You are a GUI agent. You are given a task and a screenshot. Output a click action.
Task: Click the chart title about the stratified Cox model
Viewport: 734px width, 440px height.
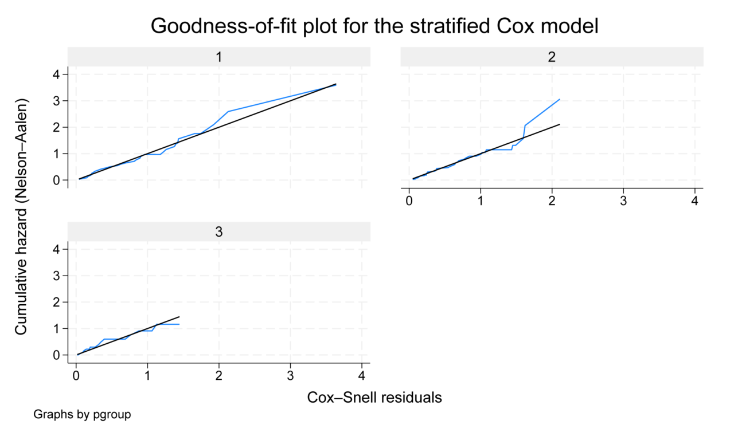[x=374, y=26]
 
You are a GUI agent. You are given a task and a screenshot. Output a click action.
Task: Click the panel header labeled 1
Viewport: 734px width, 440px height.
[x=219, y=57]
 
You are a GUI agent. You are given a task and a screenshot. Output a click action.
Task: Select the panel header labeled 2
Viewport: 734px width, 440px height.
[x=552, y=57]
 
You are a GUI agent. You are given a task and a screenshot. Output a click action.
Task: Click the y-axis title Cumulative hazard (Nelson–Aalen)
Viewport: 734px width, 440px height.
[x=21, y=217]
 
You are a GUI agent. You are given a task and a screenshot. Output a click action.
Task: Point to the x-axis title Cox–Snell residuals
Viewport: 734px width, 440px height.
[x=374, y=398]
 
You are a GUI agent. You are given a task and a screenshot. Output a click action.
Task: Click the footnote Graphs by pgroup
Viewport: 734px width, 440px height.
[x=82, y=414]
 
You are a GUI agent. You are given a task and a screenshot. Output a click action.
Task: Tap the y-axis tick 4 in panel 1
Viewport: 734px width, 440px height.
[x=56, y=74]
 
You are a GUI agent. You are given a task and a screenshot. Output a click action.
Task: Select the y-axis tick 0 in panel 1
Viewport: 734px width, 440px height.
[x=56, y=180]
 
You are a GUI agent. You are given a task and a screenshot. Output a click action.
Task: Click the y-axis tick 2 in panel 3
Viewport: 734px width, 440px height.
[x=56, y=302]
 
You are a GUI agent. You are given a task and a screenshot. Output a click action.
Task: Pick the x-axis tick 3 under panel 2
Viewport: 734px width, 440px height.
[x=623, y=201]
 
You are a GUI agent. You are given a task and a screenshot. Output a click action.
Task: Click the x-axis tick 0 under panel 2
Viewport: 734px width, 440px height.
[x=409, y=201]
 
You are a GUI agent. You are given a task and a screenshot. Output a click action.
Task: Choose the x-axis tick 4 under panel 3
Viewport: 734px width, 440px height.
[x=362, y=376]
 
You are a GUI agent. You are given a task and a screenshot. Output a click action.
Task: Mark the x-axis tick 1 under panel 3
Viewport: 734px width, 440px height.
[x=148, y=376]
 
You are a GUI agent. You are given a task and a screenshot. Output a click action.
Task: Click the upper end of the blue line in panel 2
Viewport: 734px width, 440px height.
[x=559, y=99]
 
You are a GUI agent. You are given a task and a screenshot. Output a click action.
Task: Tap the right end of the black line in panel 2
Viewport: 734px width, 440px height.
[x=559, y=124]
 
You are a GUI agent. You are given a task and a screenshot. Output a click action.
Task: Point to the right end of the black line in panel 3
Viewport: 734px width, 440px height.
[x=179, y=317]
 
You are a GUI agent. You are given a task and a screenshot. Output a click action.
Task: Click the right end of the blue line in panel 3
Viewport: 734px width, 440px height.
[x=179, y=324]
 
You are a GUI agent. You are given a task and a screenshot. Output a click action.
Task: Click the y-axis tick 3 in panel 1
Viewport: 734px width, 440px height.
[x=56, y=101]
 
